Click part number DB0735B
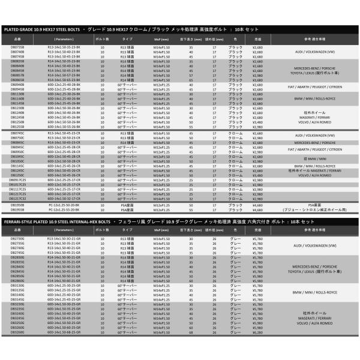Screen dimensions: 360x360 coord(17,46)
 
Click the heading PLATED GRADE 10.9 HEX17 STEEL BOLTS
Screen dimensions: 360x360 coord(40,28)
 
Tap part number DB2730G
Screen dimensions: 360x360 coord(17,238)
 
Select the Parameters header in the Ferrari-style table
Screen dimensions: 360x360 coord(61,230)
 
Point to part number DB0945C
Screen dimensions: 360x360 coord(17,146)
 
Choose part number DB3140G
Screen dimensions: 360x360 coord(17,295)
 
